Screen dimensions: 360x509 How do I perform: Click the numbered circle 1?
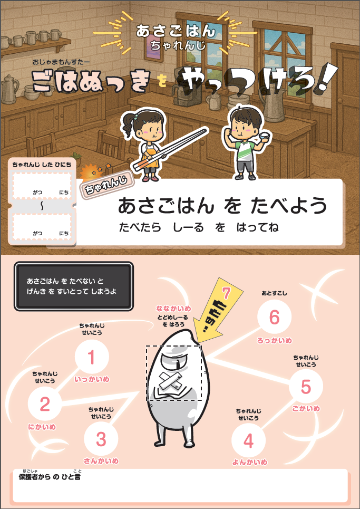[x=92, y=357]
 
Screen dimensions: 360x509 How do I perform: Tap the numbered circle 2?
[x=45, y=404]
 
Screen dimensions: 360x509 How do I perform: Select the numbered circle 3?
[x=101, y=439]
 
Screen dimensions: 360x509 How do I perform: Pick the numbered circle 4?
[x=248, y=440]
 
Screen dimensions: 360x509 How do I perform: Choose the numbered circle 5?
[x=306, y=386]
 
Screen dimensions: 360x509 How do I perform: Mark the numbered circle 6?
[x=275, y=317]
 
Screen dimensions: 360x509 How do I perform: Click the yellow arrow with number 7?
[x=218, y=310]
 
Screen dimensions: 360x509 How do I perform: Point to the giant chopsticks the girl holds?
[x=170, y=150]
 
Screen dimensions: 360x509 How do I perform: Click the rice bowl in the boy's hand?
[x=265, y=136]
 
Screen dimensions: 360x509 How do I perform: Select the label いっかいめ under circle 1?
[x=92, y=379]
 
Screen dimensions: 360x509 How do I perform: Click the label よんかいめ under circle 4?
[x=250, y=462]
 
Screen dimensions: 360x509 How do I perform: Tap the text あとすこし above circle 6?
[x=275, y=293]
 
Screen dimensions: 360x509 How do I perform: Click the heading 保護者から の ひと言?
[x=50, y=476]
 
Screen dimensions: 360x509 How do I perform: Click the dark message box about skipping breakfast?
[x=74, y=286]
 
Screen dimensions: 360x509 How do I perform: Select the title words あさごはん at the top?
[x=176, y=32]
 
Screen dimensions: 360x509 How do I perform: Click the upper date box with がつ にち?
[x=42, y=185]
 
